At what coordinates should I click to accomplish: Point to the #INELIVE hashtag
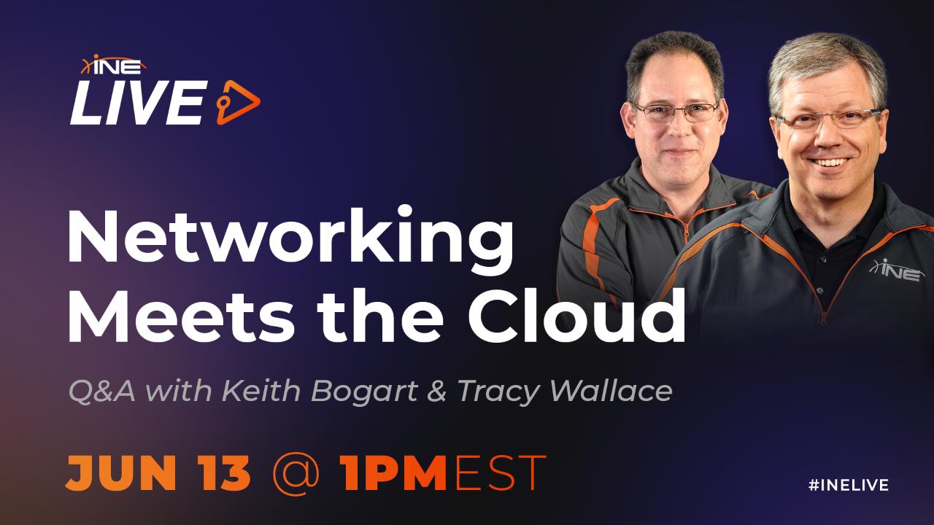click(x=849, y=485)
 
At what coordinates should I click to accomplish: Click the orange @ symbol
click(x=295, y=472)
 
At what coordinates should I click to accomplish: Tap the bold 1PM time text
click(x=393, y=472)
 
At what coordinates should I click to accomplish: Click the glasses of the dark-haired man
click(x=675, y=110)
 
